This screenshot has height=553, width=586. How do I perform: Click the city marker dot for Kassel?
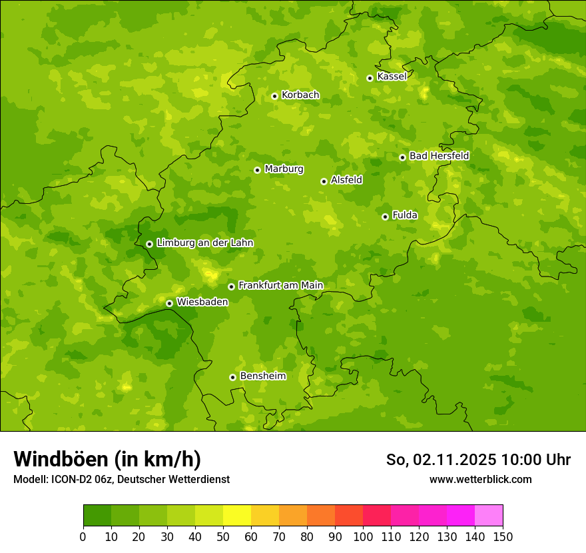(x=370, y=78)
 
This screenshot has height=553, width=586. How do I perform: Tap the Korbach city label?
(x=300, y=95)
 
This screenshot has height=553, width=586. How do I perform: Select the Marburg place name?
(x=284, y=169)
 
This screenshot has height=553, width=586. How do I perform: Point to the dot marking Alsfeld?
(x=324, y=181)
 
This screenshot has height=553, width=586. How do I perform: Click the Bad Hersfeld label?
(x=439, y=156)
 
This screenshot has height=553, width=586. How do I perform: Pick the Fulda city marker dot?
(x=385, y=217)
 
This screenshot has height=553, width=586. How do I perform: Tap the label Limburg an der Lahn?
(x=204, y=243)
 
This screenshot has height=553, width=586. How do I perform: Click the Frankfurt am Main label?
(x=280, y=286)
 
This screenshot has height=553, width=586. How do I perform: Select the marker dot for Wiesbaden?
(x=169, y=303)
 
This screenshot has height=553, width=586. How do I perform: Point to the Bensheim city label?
(x=262, y=376)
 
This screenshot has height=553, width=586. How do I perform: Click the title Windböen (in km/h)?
(x=107, y=459)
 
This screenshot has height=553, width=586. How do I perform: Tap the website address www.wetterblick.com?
(x=480, y=479)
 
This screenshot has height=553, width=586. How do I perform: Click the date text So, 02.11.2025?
(x=441, y=460)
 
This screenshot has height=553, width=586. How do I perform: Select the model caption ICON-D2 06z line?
(x=121, y=479)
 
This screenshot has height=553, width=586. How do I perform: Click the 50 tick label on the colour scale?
(x=223, y=536)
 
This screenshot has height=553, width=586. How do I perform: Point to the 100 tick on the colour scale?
(x=363, y=536)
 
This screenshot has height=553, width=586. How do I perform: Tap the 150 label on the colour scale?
(x=503, y=536)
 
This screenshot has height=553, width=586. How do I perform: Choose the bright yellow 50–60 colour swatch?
(x=237, y=516)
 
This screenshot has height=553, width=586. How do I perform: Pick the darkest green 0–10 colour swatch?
(x=97, y=516)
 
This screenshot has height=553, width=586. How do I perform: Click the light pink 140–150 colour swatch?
(x=489, y=516)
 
